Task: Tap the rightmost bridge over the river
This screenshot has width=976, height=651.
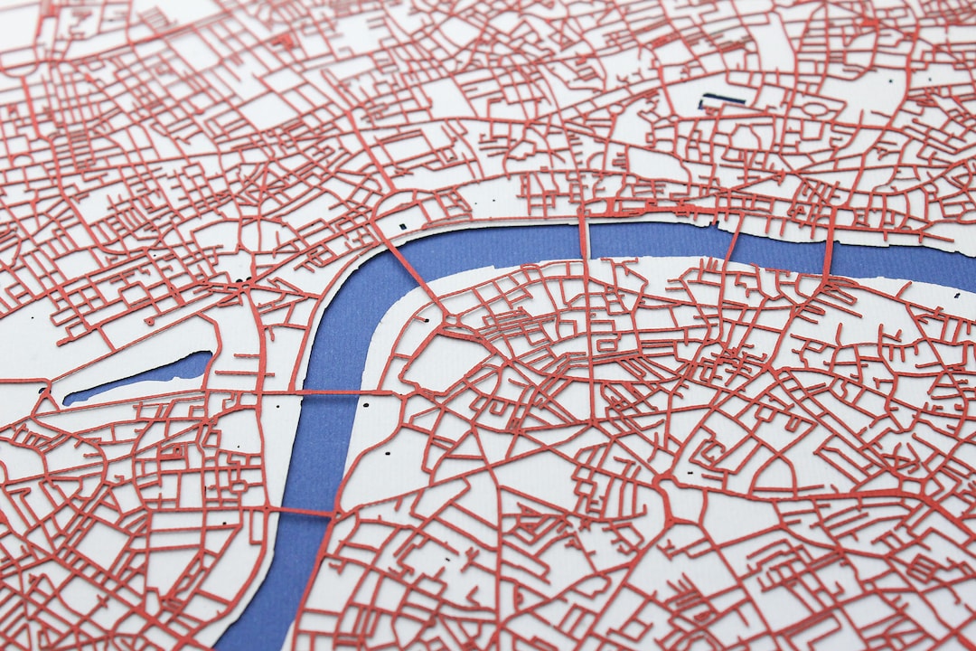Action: pos(828,253)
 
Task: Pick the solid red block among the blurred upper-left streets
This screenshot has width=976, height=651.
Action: pos(286,41)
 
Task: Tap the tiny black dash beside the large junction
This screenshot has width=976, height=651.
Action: pos(690,472)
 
